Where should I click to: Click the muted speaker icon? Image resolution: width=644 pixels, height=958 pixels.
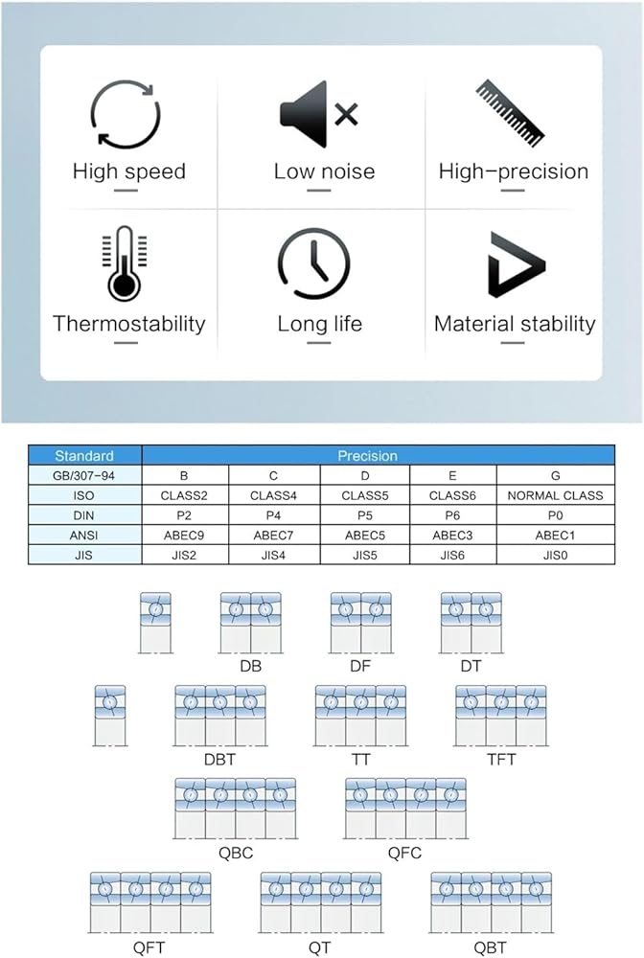click(x=318, y=114)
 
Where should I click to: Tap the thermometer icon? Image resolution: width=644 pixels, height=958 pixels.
click(x=125, y=263)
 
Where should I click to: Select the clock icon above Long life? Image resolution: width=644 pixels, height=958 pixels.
click(x=313, y=264)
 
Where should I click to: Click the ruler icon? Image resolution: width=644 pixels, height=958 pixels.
click(x=510, y=112)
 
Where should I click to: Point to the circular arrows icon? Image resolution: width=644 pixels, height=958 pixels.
click(x=126, y=114)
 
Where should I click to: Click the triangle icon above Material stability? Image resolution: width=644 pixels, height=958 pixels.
click(x=517, y=264)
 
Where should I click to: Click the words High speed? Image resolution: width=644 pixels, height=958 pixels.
click(x=129, y=171)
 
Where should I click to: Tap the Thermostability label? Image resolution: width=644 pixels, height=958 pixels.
click(x=129, y=323)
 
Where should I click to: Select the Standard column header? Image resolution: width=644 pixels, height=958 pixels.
click(x=84, y=456)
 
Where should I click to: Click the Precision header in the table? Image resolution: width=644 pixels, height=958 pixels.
click(x=367, y=456)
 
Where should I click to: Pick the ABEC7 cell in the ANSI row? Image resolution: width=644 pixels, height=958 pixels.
click(x=273, y=536)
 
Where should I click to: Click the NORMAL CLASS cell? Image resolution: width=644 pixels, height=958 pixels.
click(x=556, y=495)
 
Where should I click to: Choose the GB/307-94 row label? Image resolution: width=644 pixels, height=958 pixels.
click(x=84, y=475)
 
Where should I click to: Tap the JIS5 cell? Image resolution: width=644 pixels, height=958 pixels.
click(x=365, y=556)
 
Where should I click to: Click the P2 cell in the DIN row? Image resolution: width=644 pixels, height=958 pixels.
click(x=184, y=515)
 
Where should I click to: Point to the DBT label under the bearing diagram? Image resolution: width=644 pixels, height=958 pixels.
click(x=220, y=760)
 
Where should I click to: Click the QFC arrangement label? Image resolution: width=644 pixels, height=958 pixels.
click(x=404, y=853)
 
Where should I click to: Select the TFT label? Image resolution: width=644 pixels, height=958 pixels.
click(x=501, y=760)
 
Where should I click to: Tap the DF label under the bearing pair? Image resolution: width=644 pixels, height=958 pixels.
click(x=360, y=666)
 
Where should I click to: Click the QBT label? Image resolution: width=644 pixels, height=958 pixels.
click(x=490, y=947)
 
